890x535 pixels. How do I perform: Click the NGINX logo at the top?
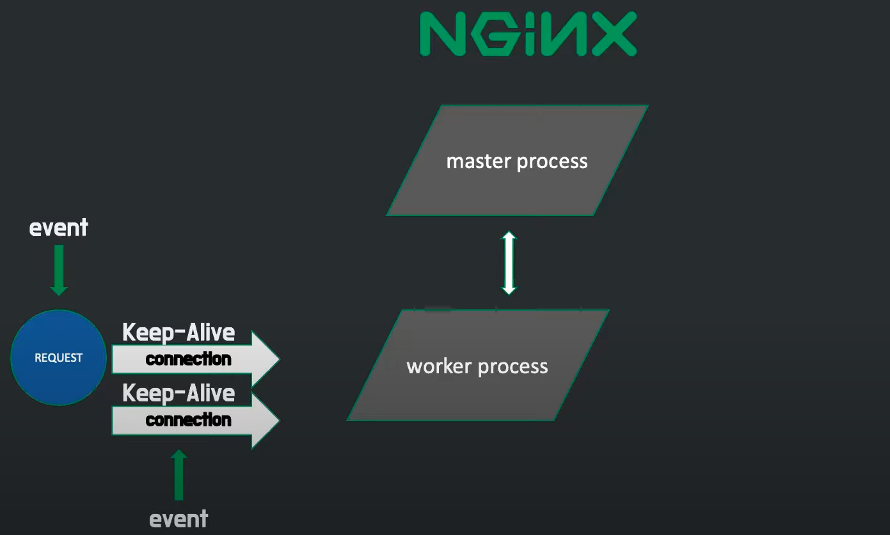(528, 34)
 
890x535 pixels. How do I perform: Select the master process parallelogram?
(517, 160)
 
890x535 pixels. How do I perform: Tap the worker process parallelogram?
(477, 366)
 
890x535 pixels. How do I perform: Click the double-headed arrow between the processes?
(509, 263)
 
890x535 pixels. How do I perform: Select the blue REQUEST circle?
(58, 357)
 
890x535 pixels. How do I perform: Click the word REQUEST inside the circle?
(58, 358)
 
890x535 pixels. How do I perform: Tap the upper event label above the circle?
(59, 228)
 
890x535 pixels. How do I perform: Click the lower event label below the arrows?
(179, 518)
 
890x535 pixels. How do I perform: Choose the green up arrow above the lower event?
(179, 475)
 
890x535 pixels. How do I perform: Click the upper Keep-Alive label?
(179, 332)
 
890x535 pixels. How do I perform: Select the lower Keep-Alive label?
(179, 392)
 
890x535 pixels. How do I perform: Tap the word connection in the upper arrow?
(188, 359)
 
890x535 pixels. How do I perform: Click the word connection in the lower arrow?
(188, 420)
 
